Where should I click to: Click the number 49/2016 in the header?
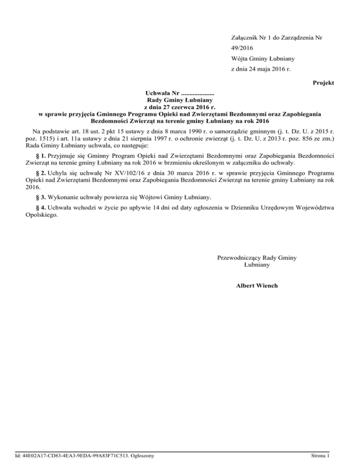click(x=243, y=48)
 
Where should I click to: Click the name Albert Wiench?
click(x=257, y=285)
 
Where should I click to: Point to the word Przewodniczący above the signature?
click(x=240, y=257)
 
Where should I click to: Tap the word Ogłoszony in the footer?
click(x=139, y=455)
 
